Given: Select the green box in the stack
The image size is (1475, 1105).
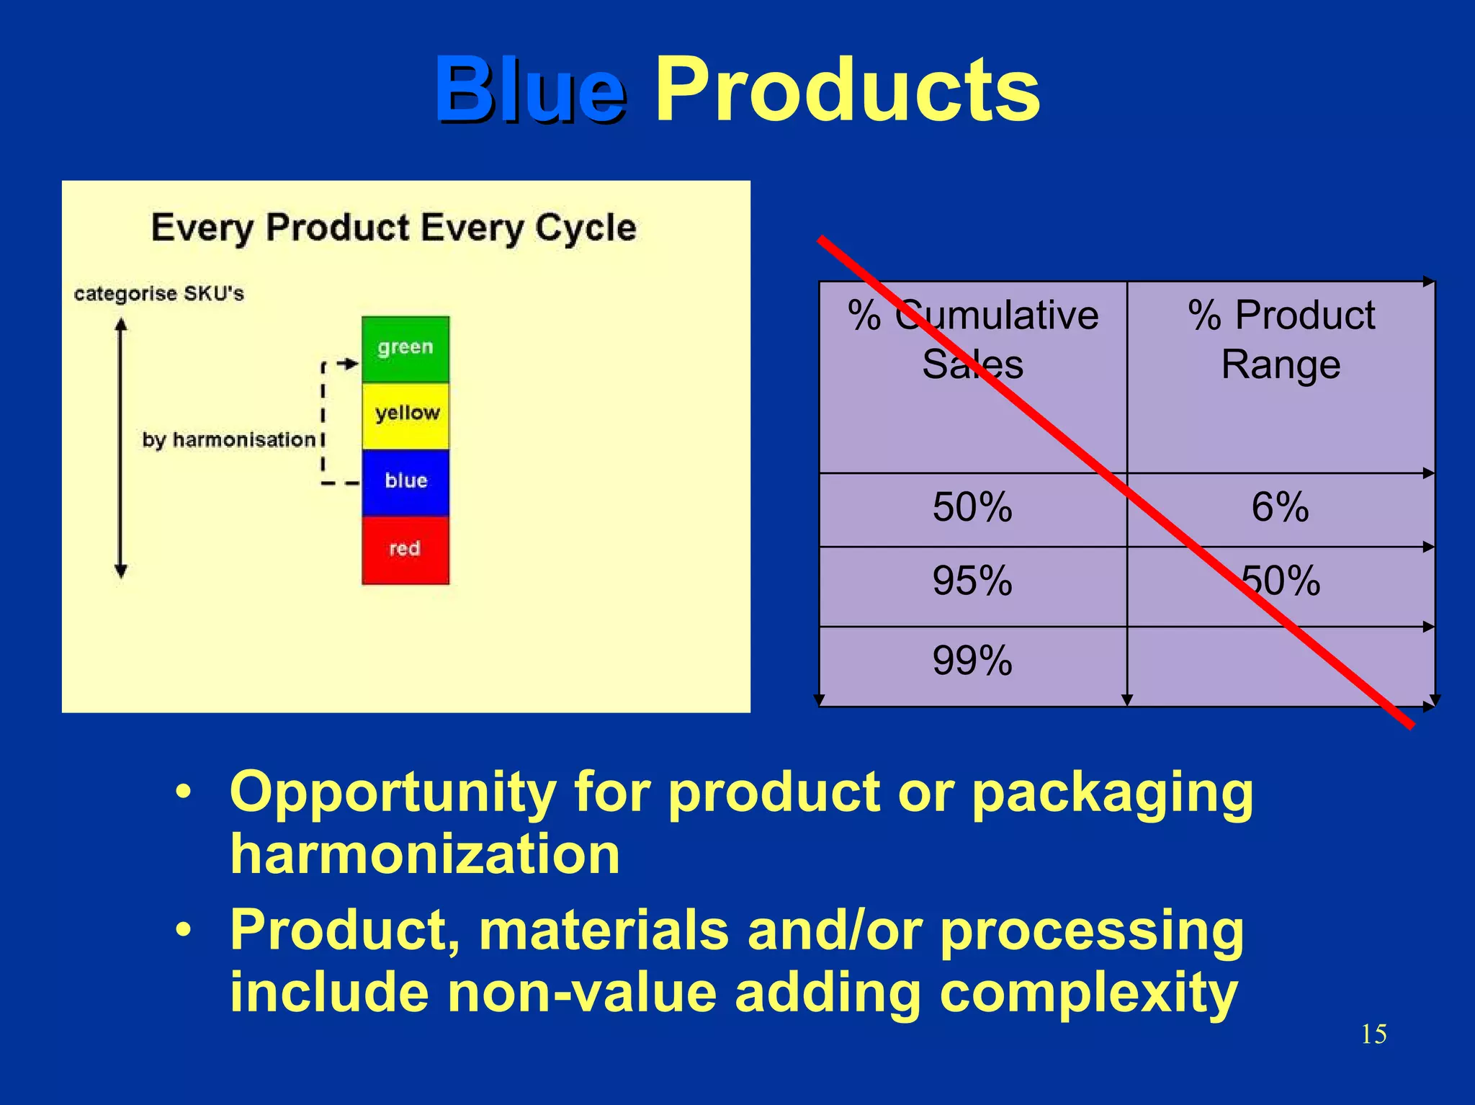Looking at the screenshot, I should click(x=405, y=349).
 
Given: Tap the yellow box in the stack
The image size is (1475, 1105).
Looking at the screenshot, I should click(x=405, y=415).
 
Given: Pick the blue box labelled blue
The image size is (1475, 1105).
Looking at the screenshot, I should click(x=405, y=481).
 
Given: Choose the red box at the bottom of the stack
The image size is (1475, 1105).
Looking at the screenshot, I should click(x=405, y=549).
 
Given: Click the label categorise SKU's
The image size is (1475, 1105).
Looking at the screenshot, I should click(x=159, y=294).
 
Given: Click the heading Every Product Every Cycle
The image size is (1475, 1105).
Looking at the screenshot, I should click(x=393, y=228).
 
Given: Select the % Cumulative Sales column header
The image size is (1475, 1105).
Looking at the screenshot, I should click(x=972, y=339).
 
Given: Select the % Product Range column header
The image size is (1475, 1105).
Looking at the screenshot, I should click(x=1281, y=339).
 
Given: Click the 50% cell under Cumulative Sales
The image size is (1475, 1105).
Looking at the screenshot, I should click(x=972, y=507).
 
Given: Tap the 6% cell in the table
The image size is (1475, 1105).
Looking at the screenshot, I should click(x=1280, y=507).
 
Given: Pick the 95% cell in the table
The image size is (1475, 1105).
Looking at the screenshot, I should click(x=972, y=581).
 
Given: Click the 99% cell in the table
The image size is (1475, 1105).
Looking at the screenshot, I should click(x=972, y=661).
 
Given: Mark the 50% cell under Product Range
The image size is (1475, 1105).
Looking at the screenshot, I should click(x=1281, y=581).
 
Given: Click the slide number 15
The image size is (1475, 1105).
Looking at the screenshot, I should click(x=1373, y=1034).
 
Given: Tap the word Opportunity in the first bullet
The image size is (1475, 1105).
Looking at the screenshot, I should click(x=393, y=793).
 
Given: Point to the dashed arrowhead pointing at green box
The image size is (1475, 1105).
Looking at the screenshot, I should click(x=351, y=364).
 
